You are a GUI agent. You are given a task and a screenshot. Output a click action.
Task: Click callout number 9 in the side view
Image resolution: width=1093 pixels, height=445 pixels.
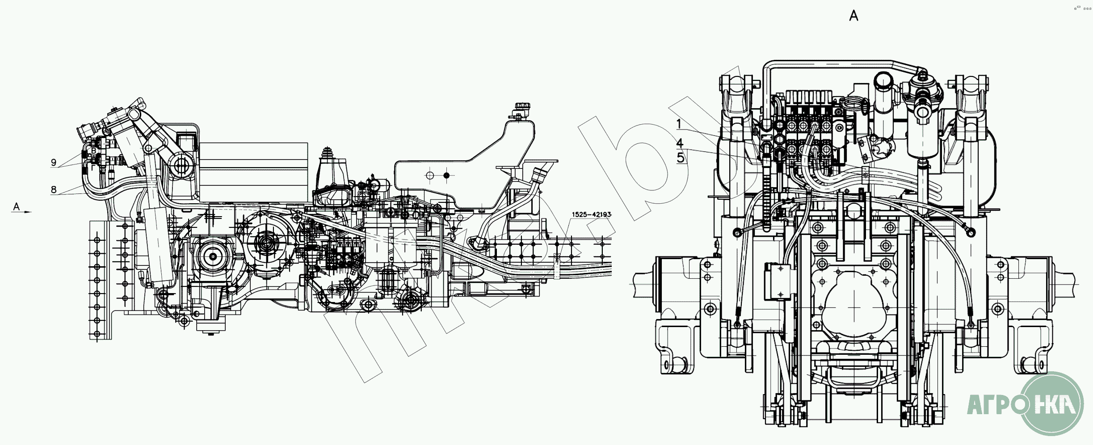(x=54, y=163)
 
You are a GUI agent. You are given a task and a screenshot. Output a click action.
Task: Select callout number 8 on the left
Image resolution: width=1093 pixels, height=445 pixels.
(x=54, y=189)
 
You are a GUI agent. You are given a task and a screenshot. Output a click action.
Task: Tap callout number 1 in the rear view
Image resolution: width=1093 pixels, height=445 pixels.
(x=679, y=124)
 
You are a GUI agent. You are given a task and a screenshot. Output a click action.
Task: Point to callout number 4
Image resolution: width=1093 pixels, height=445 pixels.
(x=680, y=143)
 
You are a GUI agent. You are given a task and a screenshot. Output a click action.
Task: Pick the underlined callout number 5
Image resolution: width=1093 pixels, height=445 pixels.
(x=681, y=158)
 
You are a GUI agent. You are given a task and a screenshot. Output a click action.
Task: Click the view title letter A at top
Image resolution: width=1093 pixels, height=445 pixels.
(x=853, y=16)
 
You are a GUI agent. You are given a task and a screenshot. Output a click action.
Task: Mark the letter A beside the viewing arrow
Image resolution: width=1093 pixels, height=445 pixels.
(x=17, y=206)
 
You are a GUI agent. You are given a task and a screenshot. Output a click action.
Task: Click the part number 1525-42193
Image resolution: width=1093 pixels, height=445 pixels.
(x=591, y=214)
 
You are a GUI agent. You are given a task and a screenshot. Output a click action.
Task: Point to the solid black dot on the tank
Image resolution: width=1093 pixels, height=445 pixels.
(x=446, y=176)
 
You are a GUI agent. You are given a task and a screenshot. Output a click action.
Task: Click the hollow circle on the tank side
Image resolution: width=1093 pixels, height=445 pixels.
(x=430, y=176)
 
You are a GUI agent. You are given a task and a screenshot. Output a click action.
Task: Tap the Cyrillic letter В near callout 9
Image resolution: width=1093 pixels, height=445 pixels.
(x=93, y=151)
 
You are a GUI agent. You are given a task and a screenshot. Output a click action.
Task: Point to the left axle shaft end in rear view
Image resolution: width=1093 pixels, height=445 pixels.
(x=643, y=284)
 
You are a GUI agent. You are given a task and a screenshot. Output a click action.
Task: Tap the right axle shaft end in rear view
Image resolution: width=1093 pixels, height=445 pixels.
(x=1066, y=284)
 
